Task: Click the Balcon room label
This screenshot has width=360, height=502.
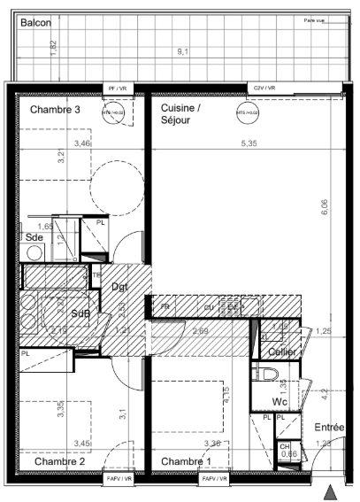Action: [x=35, y=23]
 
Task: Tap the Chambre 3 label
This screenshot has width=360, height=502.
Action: [x=56, y=110]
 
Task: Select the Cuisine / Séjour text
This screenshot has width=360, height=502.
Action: [x=181, y=114]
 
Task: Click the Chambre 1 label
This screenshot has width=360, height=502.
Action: [x=186, y=461]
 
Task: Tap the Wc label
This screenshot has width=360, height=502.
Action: [x=280, y=401]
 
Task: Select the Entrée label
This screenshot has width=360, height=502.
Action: [x=330, y=428]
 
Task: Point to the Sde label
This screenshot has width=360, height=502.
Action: [x=34, y=238]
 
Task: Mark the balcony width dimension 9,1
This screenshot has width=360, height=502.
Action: [x=182, y=52]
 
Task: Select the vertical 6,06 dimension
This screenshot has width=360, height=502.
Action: [x=325, y=205]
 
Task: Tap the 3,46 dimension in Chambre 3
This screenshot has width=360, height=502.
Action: [x=82, y=143]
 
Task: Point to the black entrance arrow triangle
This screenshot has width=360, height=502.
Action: [x=332, y=491]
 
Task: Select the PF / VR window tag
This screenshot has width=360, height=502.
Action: [x=118, y=89]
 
